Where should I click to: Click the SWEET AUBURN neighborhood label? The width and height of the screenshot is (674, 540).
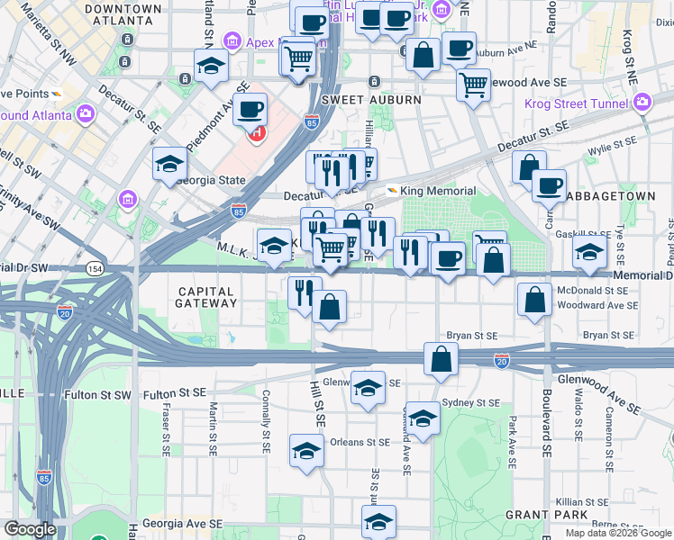pyautogui.click(x=370, y=100)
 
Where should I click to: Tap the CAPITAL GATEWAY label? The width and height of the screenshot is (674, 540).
pyautogui.click(x=207, y=297)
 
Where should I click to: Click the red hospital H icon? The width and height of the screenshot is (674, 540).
pyautogui.click(x=257, y=133)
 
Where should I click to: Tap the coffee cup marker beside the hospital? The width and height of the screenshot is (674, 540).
pyautogui.click(x=250, y=110)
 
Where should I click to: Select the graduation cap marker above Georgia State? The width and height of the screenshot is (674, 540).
pyautogui.click(x=168, y=165)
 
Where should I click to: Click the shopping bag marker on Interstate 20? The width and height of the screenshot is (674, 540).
pyautogui.click(x=442, y=358)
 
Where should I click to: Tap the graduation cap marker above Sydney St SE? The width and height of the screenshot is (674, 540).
pyautogui.click(x=423, y=417)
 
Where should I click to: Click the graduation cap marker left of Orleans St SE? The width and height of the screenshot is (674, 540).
pyautogui.click(x=306, y=450)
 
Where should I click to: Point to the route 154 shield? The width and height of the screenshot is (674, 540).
pyautogui.click(x=94, y=268)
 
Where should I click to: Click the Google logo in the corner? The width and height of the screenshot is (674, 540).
pyautogui.click(x=30, y=529)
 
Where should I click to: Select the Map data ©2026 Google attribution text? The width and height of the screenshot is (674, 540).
pyautogui.click(x=618, y=533)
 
